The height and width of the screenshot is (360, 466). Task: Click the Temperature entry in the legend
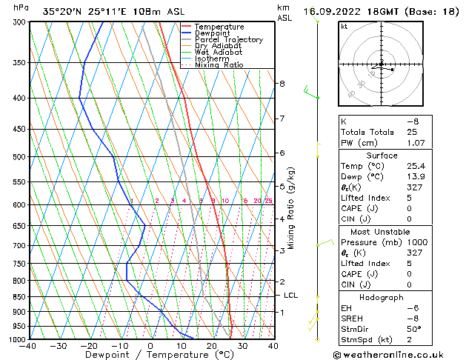219,27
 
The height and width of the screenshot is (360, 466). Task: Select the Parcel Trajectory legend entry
228,40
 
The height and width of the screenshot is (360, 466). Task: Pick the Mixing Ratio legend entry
219,65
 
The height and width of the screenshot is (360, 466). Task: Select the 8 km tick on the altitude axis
282,84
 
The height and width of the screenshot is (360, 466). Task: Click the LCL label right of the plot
291,295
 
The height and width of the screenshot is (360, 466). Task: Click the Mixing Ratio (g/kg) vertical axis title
292,208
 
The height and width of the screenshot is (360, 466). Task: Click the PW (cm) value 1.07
412,143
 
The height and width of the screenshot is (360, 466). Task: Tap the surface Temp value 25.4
412,167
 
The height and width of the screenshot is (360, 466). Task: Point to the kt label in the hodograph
344,26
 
